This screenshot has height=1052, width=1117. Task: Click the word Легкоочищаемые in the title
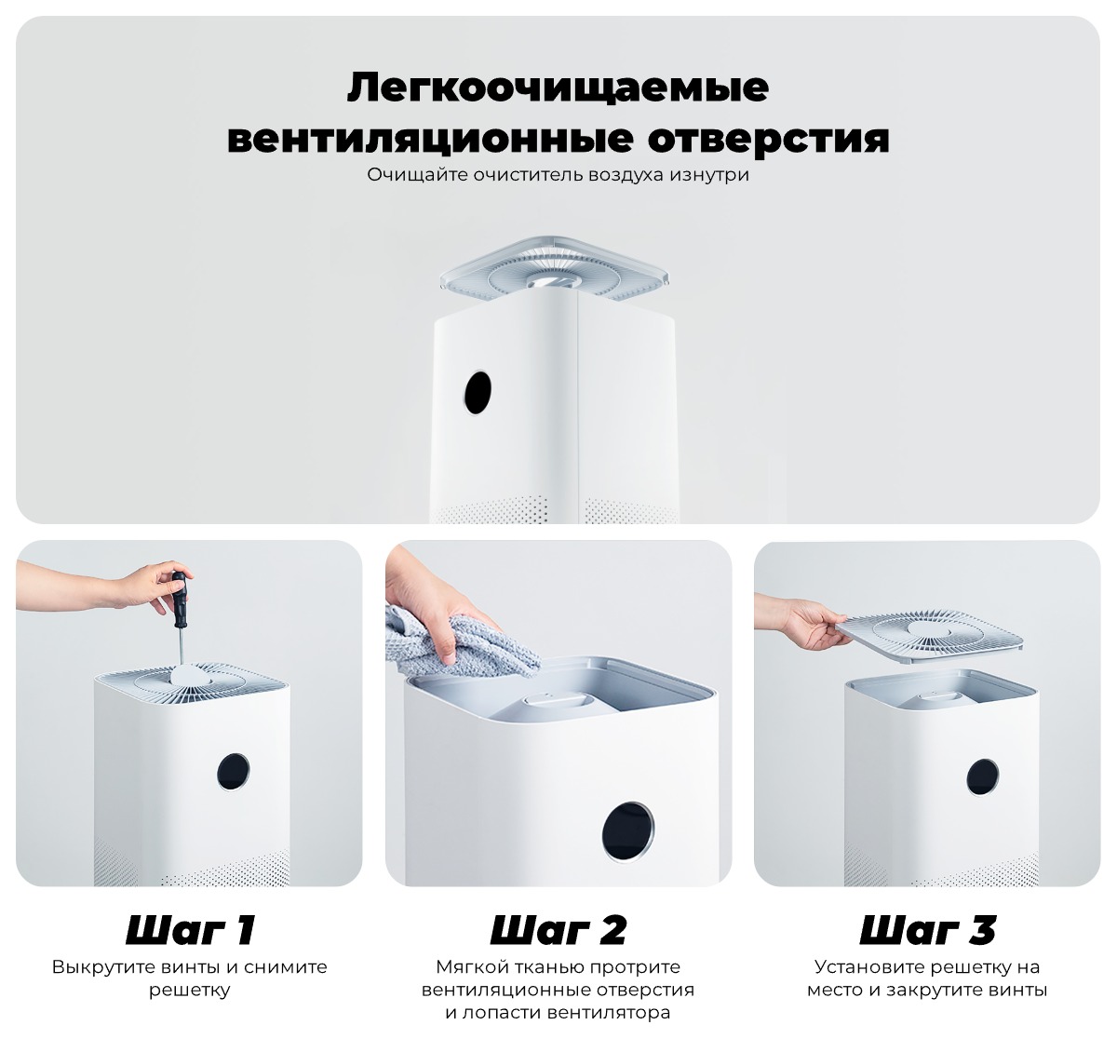click(558, 88)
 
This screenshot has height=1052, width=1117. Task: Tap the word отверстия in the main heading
click(768, 139)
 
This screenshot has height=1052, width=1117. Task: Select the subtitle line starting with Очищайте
click(558, 174)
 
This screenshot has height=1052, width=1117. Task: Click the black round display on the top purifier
click(478, 393)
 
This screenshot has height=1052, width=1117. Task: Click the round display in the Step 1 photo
click(234, 772)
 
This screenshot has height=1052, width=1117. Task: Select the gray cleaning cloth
click(465, 642)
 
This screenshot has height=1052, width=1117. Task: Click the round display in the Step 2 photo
click(627, 830)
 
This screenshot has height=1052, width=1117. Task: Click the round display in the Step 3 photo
click(981, 777)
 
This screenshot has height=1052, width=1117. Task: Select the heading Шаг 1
click(189, 929)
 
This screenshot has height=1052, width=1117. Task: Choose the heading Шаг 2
click(558, 929)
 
